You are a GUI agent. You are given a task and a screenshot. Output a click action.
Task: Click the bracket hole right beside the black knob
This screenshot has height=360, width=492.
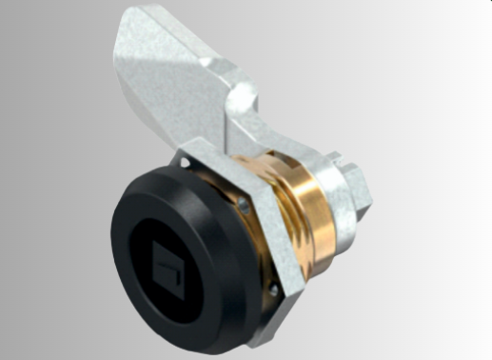point(245,203)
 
